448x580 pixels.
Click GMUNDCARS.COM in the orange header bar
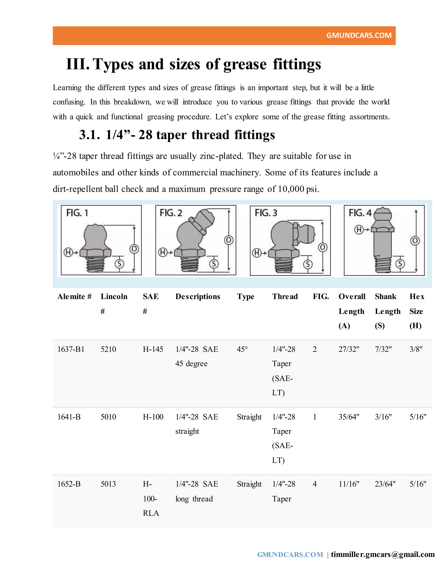pyautogui.click(x=359, y=35)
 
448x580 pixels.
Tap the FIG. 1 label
pyautogui.click(x=77, y=213)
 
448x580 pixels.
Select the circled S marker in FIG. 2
pyautogui.click(x=214, y=264)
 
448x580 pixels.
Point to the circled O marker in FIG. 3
pyautogui.click(x=322, y=248)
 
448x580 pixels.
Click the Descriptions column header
pyautogui.click(x=198, y=296)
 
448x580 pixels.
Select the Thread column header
pyautogui.click(x=285, y=296)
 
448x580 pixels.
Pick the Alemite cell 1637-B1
pyautogui.click(x=71, y=349)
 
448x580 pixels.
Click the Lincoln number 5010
pyautogui.click(x=108, y=417)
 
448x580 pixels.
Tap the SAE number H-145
pyautogui.click(x=153, y=349)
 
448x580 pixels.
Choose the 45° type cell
pyautogui.click(x=242, y=349)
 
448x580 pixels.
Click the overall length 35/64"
pyautogui.click(x=349, y=417)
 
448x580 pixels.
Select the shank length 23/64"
pyautogui.click(x=385, y=484)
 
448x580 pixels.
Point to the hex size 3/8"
pyautogui.click(x=416, y=349)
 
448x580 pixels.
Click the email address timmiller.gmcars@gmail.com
pyautogui.click(x=383, y=555)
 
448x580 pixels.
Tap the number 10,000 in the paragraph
pyautogui.click(x=291, y=189)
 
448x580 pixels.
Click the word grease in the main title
pyautogui.click(x=245, y=64)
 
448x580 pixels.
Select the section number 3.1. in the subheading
pyautogui.click(x=89, y=135)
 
